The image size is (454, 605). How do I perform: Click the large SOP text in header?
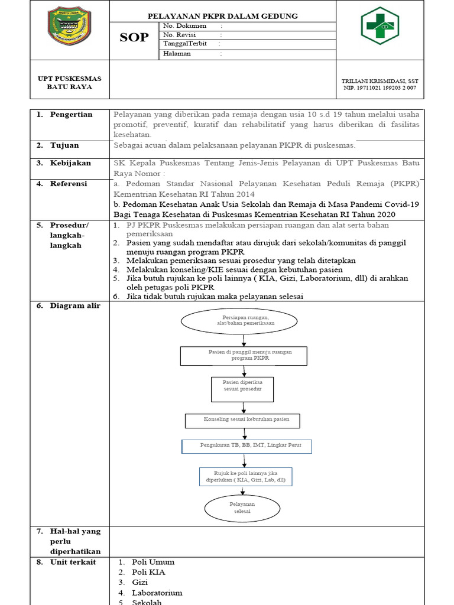[134, 38]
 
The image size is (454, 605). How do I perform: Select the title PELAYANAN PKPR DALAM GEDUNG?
[222, 16]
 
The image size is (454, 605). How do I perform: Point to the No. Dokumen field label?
[185, 26]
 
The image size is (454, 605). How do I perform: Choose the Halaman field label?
[180, 54]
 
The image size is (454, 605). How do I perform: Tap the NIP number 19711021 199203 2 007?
[380, 88]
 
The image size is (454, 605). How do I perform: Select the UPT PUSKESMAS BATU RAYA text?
[69, 83]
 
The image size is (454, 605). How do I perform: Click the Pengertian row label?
[71, 115]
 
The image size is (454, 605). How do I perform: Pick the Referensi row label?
[69, 184]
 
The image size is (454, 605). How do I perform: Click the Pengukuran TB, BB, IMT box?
[246, 445]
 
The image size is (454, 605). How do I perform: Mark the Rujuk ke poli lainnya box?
[245, 477]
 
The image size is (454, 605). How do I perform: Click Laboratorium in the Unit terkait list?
[157, 593]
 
